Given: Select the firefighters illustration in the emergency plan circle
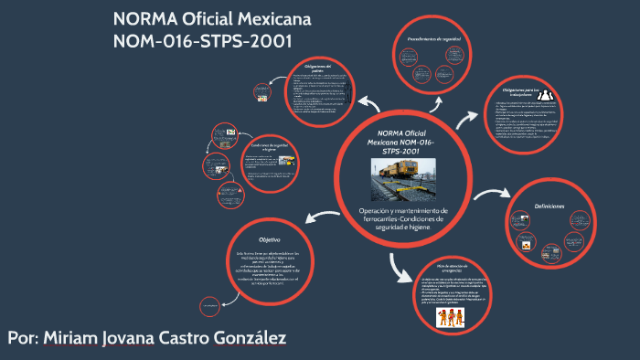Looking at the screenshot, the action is [450, 317].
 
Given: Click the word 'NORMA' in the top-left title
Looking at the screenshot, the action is [144, 19].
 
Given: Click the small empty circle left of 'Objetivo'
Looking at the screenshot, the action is [208, 302].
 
